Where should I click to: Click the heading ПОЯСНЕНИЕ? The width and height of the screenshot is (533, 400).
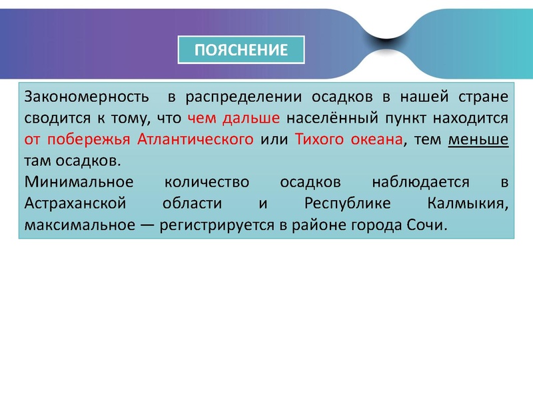click(241, 50)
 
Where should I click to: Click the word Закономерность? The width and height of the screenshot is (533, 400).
click(85, 97)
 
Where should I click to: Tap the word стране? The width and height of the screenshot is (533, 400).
click(483, 97)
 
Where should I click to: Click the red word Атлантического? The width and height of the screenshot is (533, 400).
click(195, 140)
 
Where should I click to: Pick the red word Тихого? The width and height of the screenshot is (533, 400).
click(318, 140)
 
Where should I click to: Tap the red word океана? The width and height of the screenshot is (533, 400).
click(376, 140)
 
